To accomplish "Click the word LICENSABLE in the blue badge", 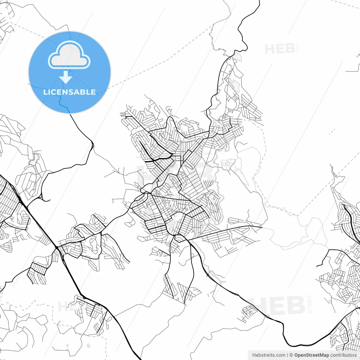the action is tap(69, 92).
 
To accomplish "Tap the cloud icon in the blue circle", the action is tap(69, 55).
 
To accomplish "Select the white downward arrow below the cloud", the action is tap(66, 78).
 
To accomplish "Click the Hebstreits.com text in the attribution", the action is tap(269, 355).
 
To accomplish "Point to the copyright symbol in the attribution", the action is tap(291, 355).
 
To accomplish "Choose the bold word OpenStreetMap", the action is tap(312, 355).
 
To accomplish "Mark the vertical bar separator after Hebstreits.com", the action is tap(287, 355).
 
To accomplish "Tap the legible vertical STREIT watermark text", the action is tap(310, 304).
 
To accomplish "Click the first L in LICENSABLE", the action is tap(45, 92).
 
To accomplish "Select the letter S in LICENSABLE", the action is tap(69, 92).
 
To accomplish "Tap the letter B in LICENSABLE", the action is tap(82, 92).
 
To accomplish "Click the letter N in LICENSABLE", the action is tap(64, 92).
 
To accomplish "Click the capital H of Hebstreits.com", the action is tap(254, 355).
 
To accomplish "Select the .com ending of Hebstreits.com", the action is tap(281, 355).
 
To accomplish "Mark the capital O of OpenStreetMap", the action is tap(296, 355).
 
